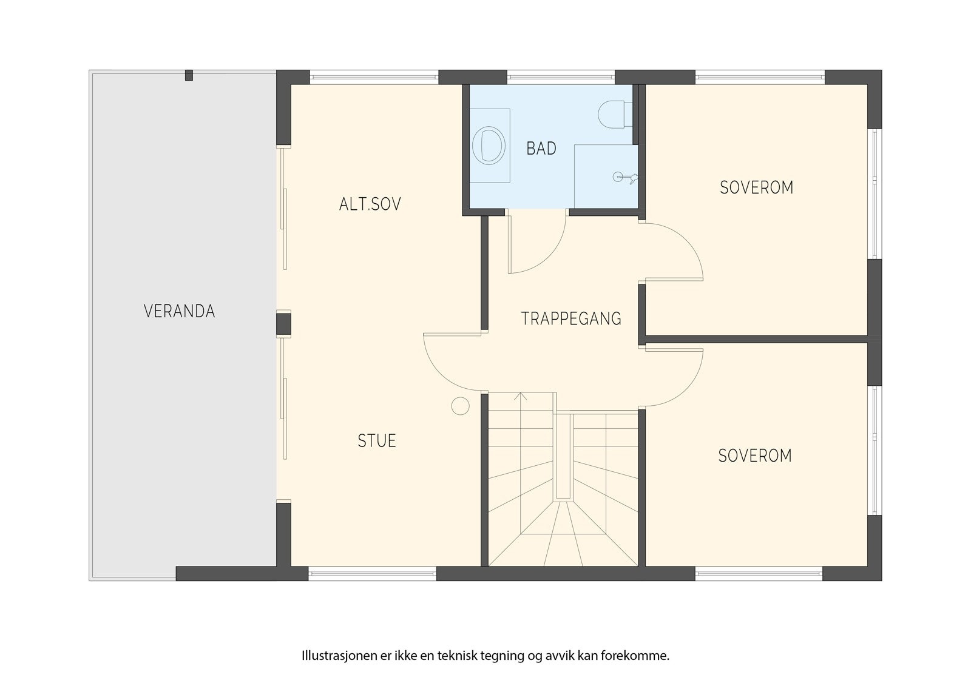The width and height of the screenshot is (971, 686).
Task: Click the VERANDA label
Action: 179,311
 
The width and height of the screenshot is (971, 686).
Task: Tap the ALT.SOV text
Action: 370,204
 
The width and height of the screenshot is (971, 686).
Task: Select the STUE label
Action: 377,441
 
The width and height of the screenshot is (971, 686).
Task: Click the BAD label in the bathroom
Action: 541,149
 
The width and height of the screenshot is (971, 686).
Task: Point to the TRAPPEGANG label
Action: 571,318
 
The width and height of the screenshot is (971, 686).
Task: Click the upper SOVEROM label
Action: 756,187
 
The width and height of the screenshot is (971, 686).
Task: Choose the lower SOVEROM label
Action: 755,456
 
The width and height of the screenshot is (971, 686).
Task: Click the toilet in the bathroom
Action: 615,115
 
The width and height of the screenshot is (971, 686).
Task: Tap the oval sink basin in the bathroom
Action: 489,146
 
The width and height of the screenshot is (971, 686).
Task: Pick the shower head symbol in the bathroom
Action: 624,177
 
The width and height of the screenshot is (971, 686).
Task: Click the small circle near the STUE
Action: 461,406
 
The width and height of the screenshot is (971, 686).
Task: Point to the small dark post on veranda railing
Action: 189,75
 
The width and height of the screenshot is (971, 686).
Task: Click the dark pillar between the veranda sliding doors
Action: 283,324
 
